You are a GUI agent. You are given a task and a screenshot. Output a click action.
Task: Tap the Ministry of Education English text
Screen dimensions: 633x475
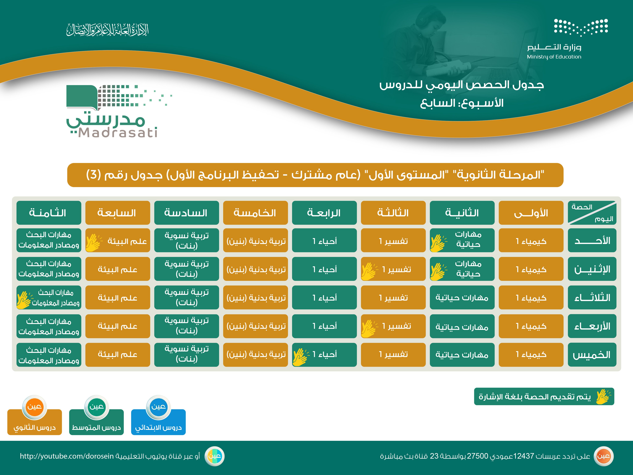554,57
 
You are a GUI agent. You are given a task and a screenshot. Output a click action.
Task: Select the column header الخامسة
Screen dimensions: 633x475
255,213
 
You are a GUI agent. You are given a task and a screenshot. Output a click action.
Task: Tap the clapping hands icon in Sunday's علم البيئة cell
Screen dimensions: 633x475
94,243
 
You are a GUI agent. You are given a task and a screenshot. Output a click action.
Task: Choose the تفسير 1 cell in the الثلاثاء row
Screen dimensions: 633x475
393,297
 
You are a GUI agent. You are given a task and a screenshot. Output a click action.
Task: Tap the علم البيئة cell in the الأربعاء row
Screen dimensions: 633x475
118,326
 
